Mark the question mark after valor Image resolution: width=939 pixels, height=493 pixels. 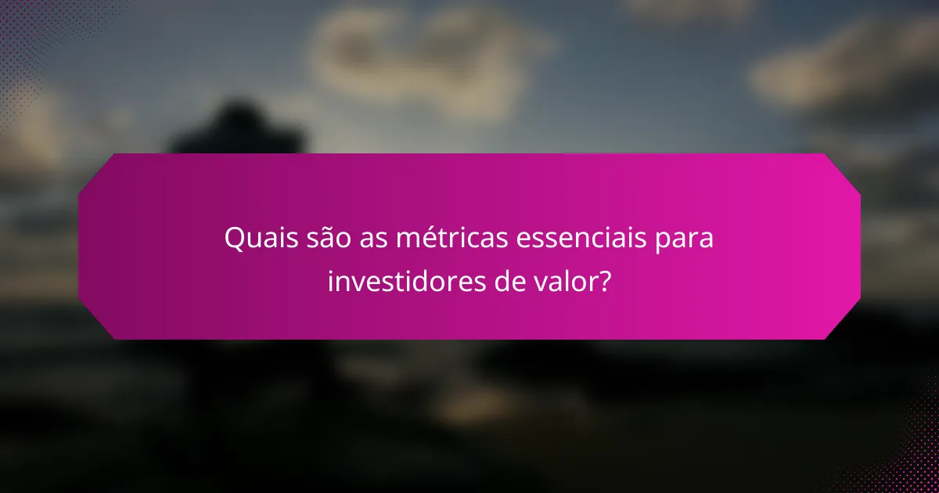coord(604,280)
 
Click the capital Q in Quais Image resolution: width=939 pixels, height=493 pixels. coord(234,239)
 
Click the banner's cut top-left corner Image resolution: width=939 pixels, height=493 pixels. coord(95,171)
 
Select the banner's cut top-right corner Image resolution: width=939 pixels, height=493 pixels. coord(844,171)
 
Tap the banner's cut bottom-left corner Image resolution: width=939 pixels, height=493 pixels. coord(95,322)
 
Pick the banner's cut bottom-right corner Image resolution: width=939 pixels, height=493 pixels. coord(844,322)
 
